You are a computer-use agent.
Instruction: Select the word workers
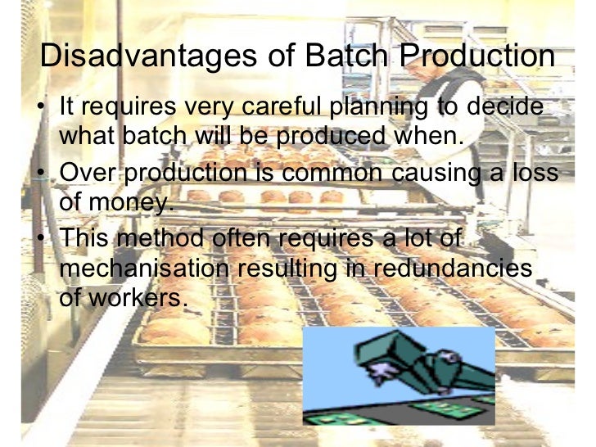(x=142, y=297)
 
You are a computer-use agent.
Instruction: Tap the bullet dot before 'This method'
(x=43, y=240)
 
